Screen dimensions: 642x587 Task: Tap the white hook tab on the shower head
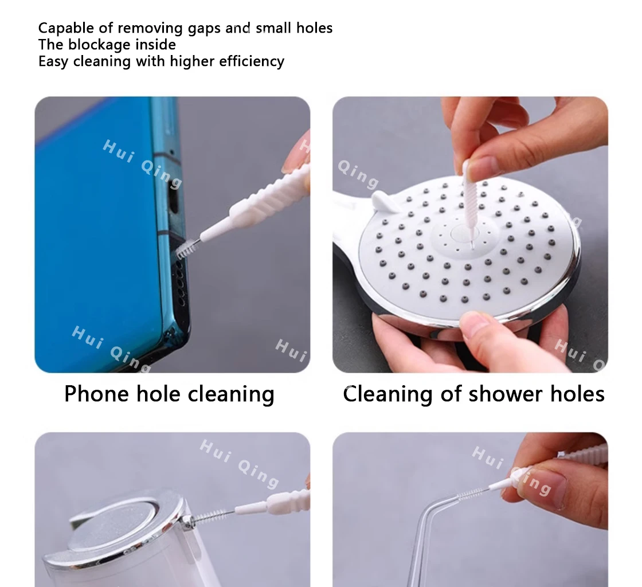pyautogui.click(x=386, y=201)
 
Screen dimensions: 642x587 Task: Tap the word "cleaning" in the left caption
pyautogui.click(x=231, y=394)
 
